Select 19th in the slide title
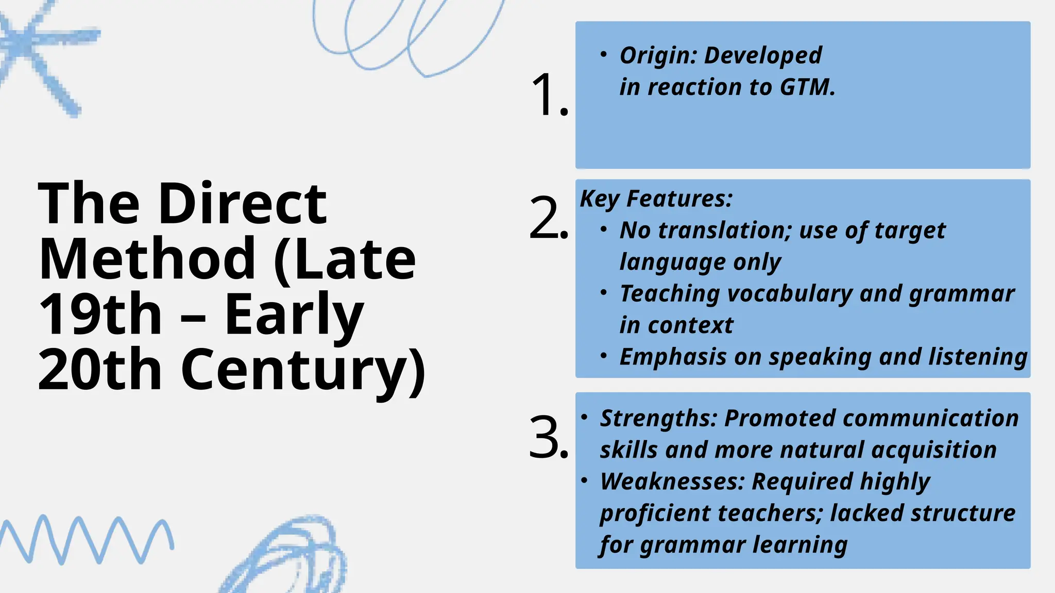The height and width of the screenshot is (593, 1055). coord(100,315)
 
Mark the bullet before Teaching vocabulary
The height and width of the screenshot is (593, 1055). coord(604,292)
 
